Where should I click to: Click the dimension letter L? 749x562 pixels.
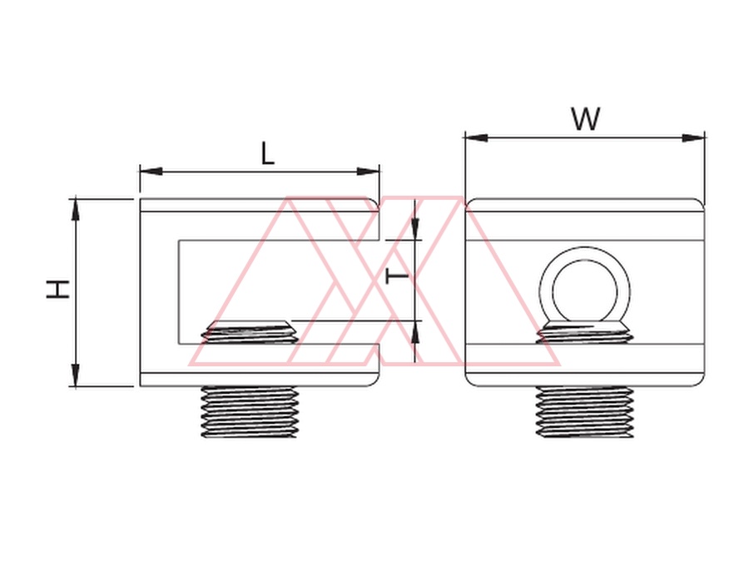(268, 153)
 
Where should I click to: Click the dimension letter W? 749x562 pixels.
(586, 119)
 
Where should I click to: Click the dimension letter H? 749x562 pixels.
(57, 290)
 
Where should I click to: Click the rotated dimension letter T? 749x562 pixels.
(397, 276)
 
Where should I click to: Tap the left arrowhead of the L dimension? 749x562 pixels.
(151, 172)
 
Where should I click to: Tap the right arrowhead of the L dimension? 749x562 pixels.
(369, 172)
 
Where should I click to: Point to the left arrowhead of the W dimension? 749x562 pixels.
(476, 138)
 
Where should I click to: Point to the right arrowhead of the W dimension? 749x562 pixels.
(693, 138)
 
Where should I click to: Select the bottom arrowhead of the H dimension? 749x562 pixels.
(76, 375)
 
